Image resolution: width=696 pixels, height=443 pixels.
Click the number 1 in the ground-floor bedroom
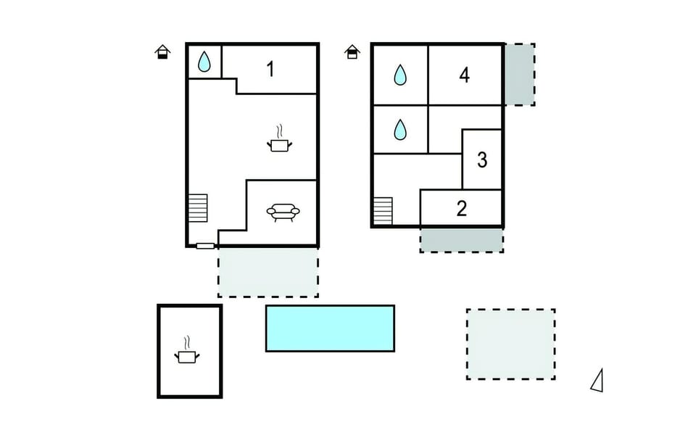270,70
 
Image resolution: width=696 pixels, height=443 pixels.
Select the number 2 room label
462,208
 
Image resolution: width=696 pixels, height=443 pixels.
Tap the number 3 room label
482,160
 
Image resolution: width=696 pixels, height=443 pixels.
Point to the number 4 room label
464,75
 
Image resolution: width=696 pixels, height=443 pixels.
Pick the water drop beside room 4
400,75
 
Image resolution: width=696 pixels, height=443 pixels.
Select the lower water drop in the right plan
400,130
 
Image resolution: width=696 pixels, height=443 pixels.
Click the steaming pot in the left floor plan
280,139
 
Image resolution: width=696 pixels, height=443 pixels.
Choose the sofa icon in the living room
283,212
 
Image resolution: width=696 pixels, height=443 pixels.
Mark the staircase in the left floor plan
198,208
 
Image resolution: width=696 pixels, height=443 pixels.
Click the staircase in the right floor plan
383,211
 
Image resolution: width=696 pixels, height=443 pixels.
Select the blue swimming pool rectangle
331,328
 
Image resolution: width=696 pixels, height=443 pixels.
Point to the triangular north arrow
597,381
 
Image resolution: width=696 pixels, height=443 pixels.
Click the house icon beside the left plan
163,52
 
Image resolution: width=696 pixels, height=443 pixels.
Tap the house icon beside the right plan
352,52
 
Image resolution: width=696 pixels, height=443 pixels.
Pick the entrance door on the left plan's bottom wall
205,246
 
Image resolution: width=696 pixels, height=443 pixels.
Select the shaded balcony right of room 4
520,75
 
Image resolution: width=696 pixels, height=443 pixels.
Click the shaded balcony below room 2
462,240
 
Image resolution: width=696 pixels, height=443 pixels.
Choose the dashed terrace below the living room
268,272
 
